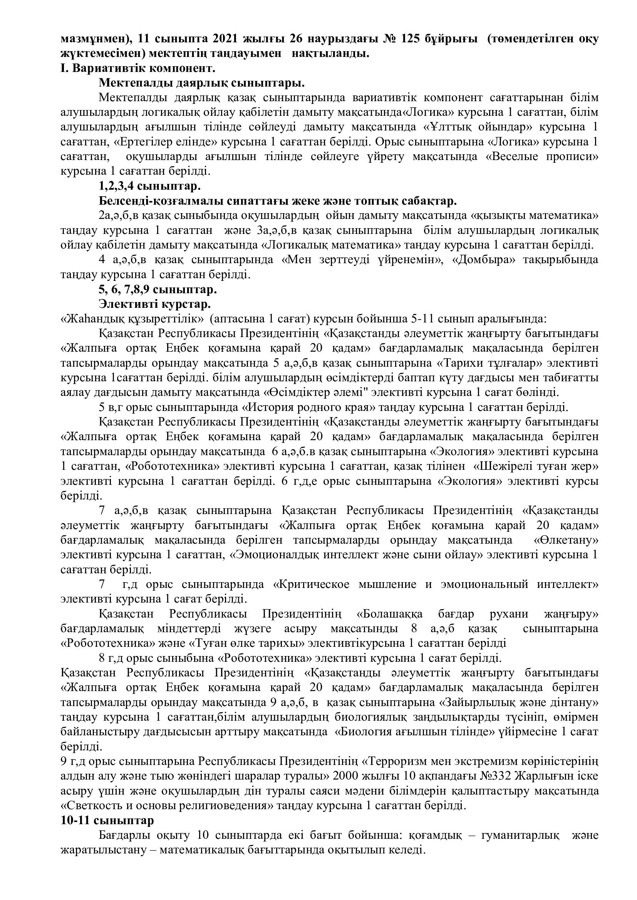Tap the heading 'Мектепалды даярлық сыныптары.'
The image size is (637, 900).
click(x=202, y=83)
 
